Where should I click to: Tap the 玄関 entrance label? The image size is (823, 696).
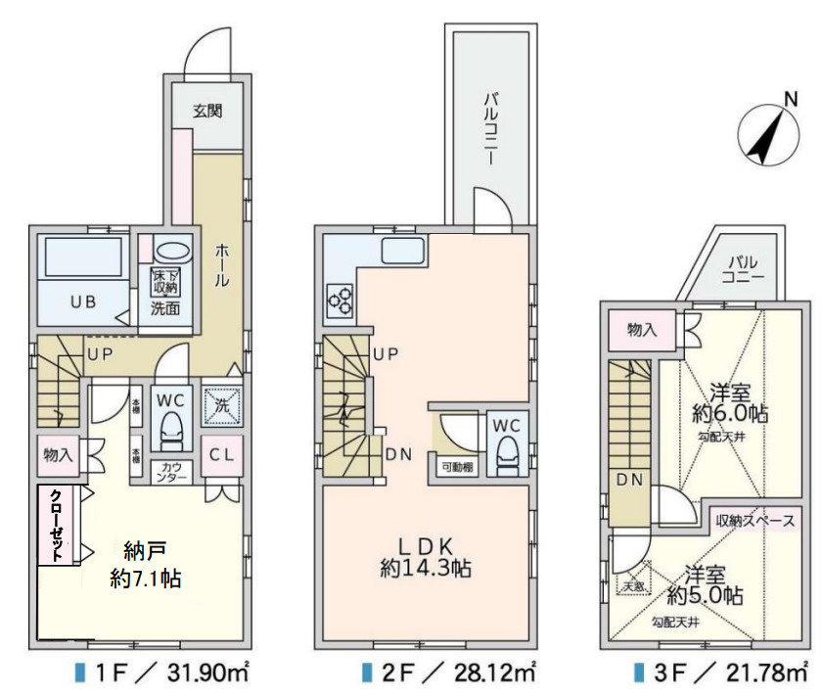206,111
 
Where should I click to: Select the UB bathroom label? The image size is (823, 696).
82,302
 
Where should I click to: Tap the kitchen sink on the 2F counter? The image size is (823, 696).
401,251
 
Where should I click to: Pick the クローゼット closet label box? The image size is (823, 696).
56,524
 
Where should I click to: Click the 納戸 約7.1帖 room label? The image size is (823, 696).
145,563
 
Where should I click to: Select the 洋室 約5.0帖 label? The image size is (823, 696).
705,584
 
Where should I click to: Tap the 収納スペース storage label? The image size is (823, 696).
754,521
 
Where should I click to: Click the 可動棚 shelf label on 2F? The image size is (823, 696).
457,468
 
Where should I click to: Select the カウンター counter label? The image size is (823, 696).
172,471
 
